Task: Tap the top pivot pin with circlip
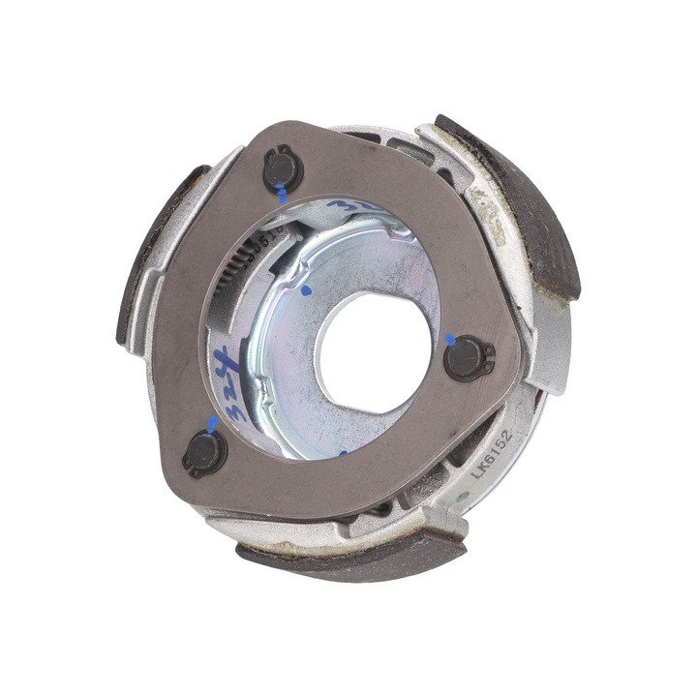282,170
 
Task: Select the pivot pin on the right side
469,357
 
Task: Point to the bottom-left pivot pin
204,452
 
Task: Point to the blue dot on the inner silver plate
306,289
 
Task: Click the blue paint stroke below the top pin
281,196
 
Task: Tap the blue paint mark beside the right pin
448,339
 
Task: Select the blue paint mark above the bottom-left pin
212,424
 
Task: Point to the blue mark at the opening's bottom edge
342,452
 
